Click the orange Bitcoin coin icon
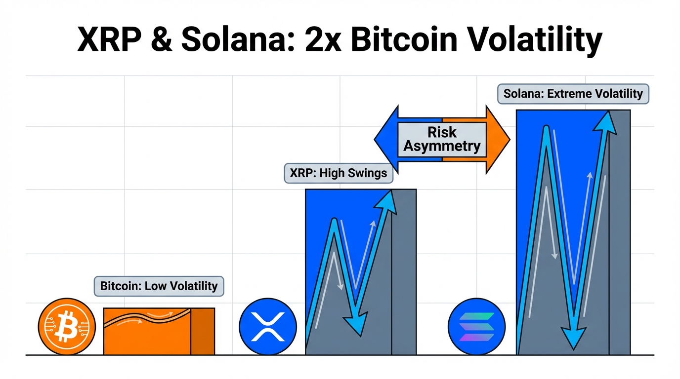click(x=67, y=326)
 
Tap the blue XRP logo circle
click(x=268, y=326)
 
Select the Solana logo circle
click(x=476, y=326)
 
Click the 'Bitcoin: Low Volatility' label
click(x=159, y=286)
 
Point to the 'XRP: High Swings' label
click(x=339, y=173)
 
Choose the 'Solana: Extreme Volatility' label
click(x=573, y=94)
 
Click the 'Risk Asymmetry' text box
click(x=442, y=140)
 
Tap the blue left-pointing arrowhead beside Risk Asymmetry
click(x=386, y=140)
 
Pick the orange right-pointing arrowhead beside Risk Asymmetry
click(x=498, y=140)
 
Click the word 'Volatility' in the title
click(x=534, y=41)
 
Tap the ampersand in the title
click(x=162, y=39)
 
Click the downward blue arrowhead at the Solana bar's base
click(x=573, y=338)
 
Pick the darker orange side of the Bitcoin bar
click(x=203, y=332)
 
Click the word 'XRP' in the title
click(x=109, y=39)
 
